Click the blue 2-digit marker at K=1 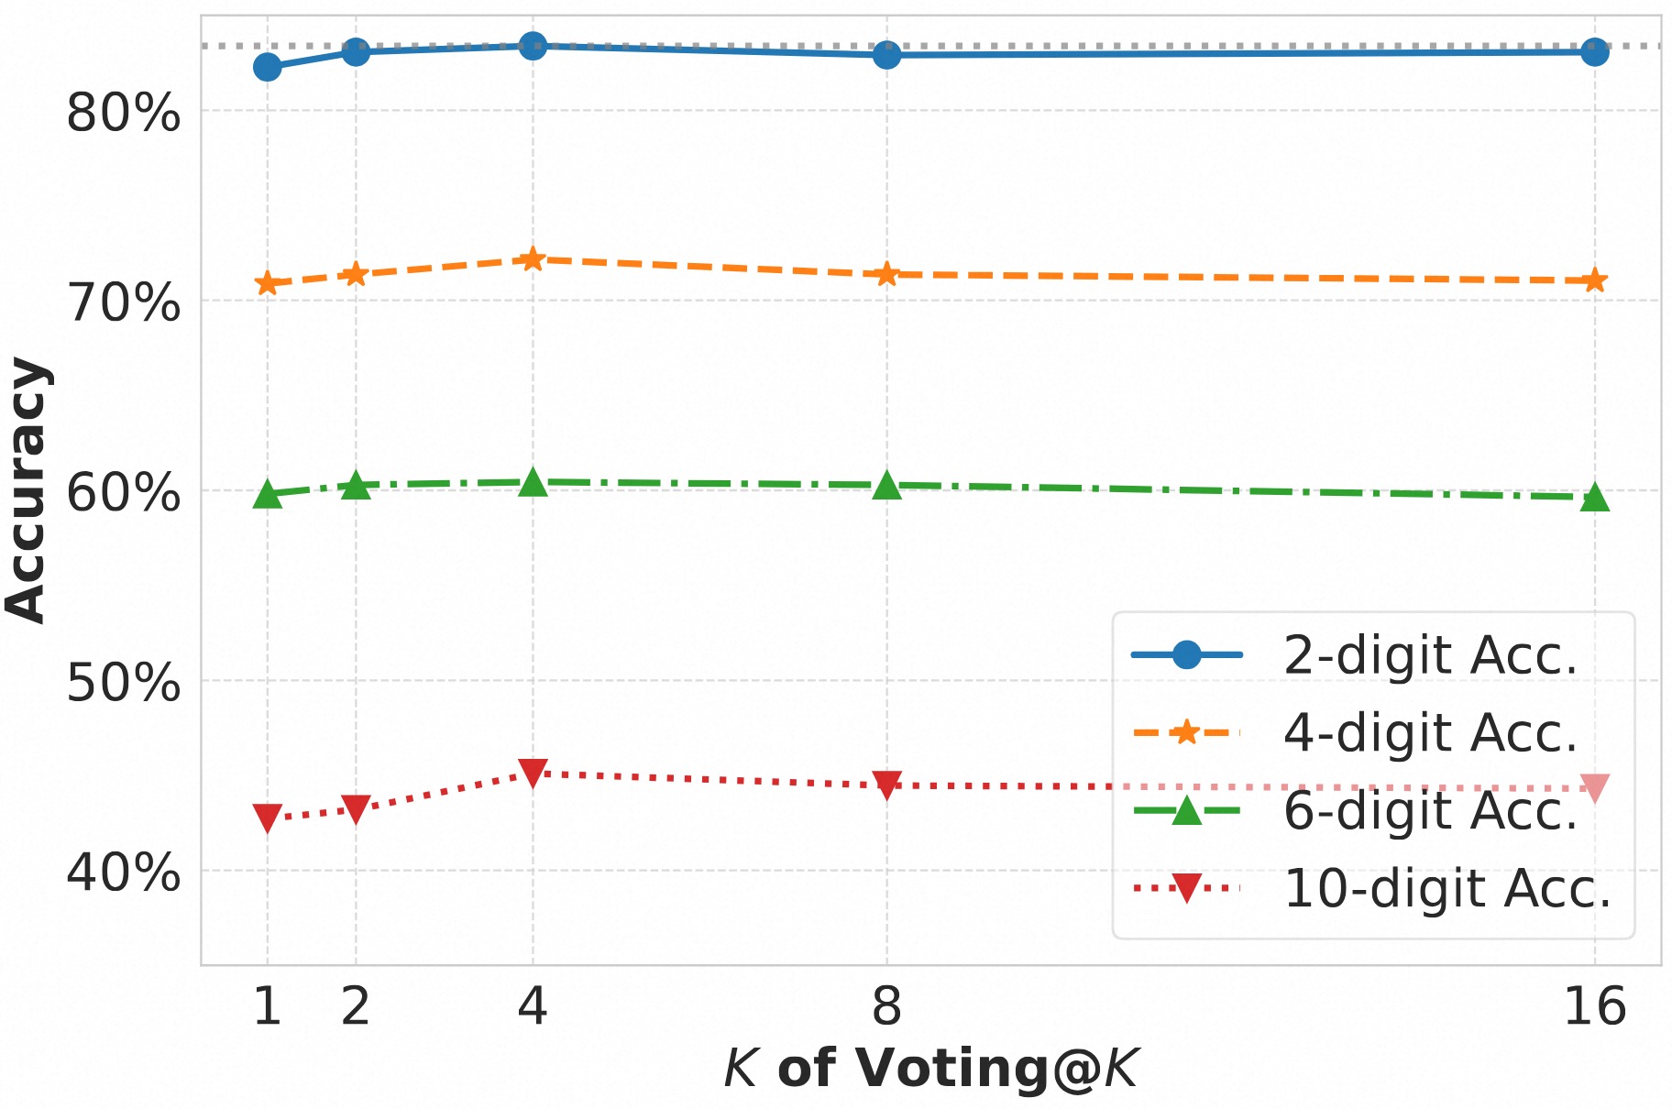tap(267, 67)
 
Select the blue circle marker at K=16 tap(1595, 52)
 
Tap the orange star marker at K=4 tap(533, 259)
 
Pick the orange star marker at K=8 tap(886, 274)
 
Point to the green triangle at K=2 tap(356, 486)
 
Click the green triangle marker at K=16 tap(1595, 498)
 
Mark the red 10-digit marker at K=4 tap(533, 773)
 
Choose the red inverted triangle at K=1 tap(267, 818)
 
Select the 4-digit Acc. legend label tap(1430, 733)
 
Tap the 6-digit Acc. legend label tap(1430, 811)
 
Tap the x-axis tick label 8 tap(886, 1006)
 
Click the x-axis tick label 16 tap(1595, 1006)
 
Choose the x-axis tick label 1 tap(267, 1006)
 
